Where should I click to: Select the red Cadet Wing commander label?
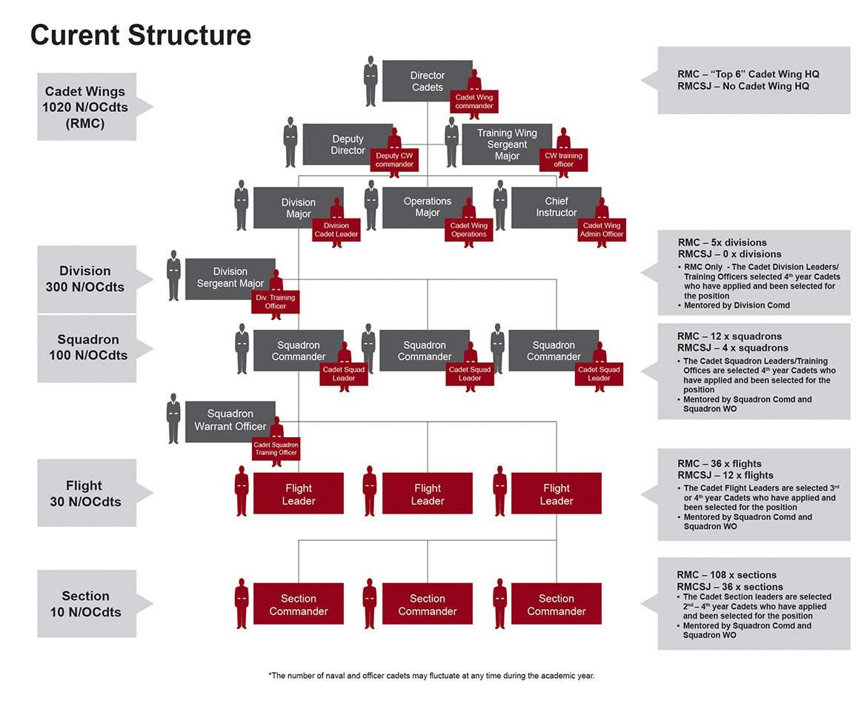click(x=474, y=102)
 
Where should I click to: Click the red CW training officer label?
click(x=563, y=160)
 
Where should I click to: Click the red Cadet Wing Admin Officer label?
click(x=602, y=230)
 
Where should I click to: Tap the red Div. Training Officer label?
click(x=275, y=302)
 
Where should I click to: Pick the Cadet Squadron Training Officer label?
click(x=275, y=448)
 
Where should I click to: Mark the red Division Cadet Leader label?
click(x=336, y=230)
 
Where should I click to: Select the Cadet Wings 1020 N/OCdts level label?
click(x=86, y=107)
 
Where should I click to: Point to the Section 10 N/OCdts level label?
click(x=86, y=604)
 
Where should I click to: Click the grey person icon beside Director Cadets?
click(x=371, y=81)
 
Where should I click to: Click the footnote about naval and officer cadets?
click(x=431, y=676)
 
